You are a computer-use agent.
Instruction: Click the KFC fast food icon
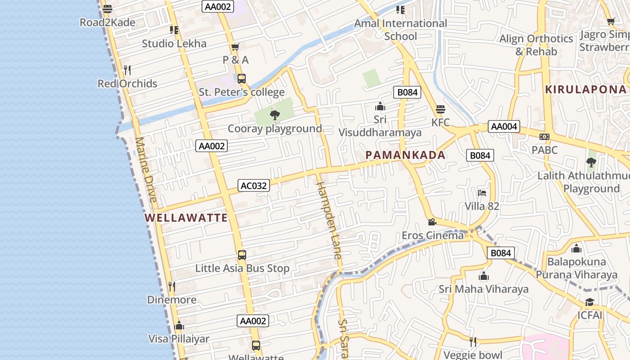tap(440, 109)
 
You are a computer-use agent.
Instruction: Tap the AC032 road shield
tap(254, 185)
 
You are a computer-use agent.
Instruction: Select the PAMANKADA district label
tap(405, 155)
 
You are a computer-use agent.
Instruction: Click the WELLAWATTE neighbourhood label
tap(186, 218)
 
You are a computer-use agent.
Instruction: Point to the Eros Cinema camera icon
tap(432, 222)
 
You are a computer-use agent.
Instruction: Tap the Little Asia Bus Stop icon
tap(242, 255)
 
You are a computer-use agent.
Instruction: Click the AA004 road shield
tap(504, 126)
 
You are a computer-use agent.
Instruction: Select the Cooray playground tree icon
tap(274, 115)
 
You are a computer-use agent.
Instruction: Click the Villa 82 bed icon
tap(482, 193)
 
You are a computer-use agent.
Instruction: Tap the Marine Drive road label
tap(146, 170)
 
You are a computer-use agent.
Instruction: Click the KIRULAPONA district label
tap(585, 90)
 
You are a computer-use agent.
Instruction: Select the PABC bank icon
tap(544, 137)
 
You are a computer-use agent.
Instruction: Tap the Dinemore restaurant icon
tap(171, 286)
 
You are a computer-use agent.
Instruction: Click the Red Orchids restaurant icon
tap(127, 70)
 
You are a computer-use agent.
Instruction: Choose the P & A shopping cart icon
tap(235, 47)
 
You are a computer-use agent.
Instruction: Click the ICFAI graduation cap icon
tap(589, 302)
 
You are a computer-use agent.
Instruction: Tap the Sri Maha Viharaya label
tap(484, 289)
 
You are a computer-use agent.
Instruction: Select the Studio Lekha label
tap(174, 44)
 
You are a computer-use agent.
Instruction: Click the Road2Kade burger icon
tap(108, 9)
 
